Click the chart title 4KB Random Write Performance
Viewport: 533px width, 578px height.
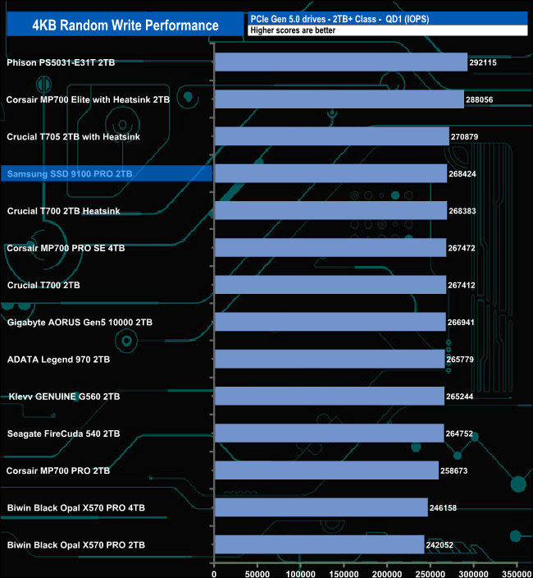pos(125,25)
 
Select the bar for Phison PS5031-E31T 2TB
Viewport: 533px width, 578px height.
pos(340,62)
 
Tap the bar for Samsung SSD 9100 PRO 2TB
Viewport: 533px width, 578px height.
pos(330,174)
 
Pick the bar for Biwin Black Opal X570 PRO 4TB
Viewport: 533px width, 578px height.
pos(321,507)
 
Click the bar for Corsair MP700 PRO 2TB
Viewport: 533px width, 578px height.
pos(326,470)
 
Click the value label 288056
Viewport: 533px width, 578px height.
pos(481,100)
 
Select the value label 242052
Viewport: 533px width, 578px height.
pos(440,545)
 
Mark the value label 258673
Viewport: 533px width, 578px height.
pos(455,471)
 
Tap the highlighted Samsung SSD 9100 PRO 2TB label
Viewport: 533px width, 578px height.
pos(70,174)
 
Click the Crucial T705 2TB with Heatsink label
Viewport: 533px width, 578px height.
pos(73,137)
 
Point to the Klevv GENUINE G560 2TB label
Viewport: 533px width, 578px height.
pos(63,397)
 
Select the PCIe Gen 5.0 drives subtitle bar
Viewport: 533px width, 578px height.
pos(386,18)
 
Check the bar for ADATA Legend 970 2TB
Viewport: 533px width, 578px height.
pos(329,359)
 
